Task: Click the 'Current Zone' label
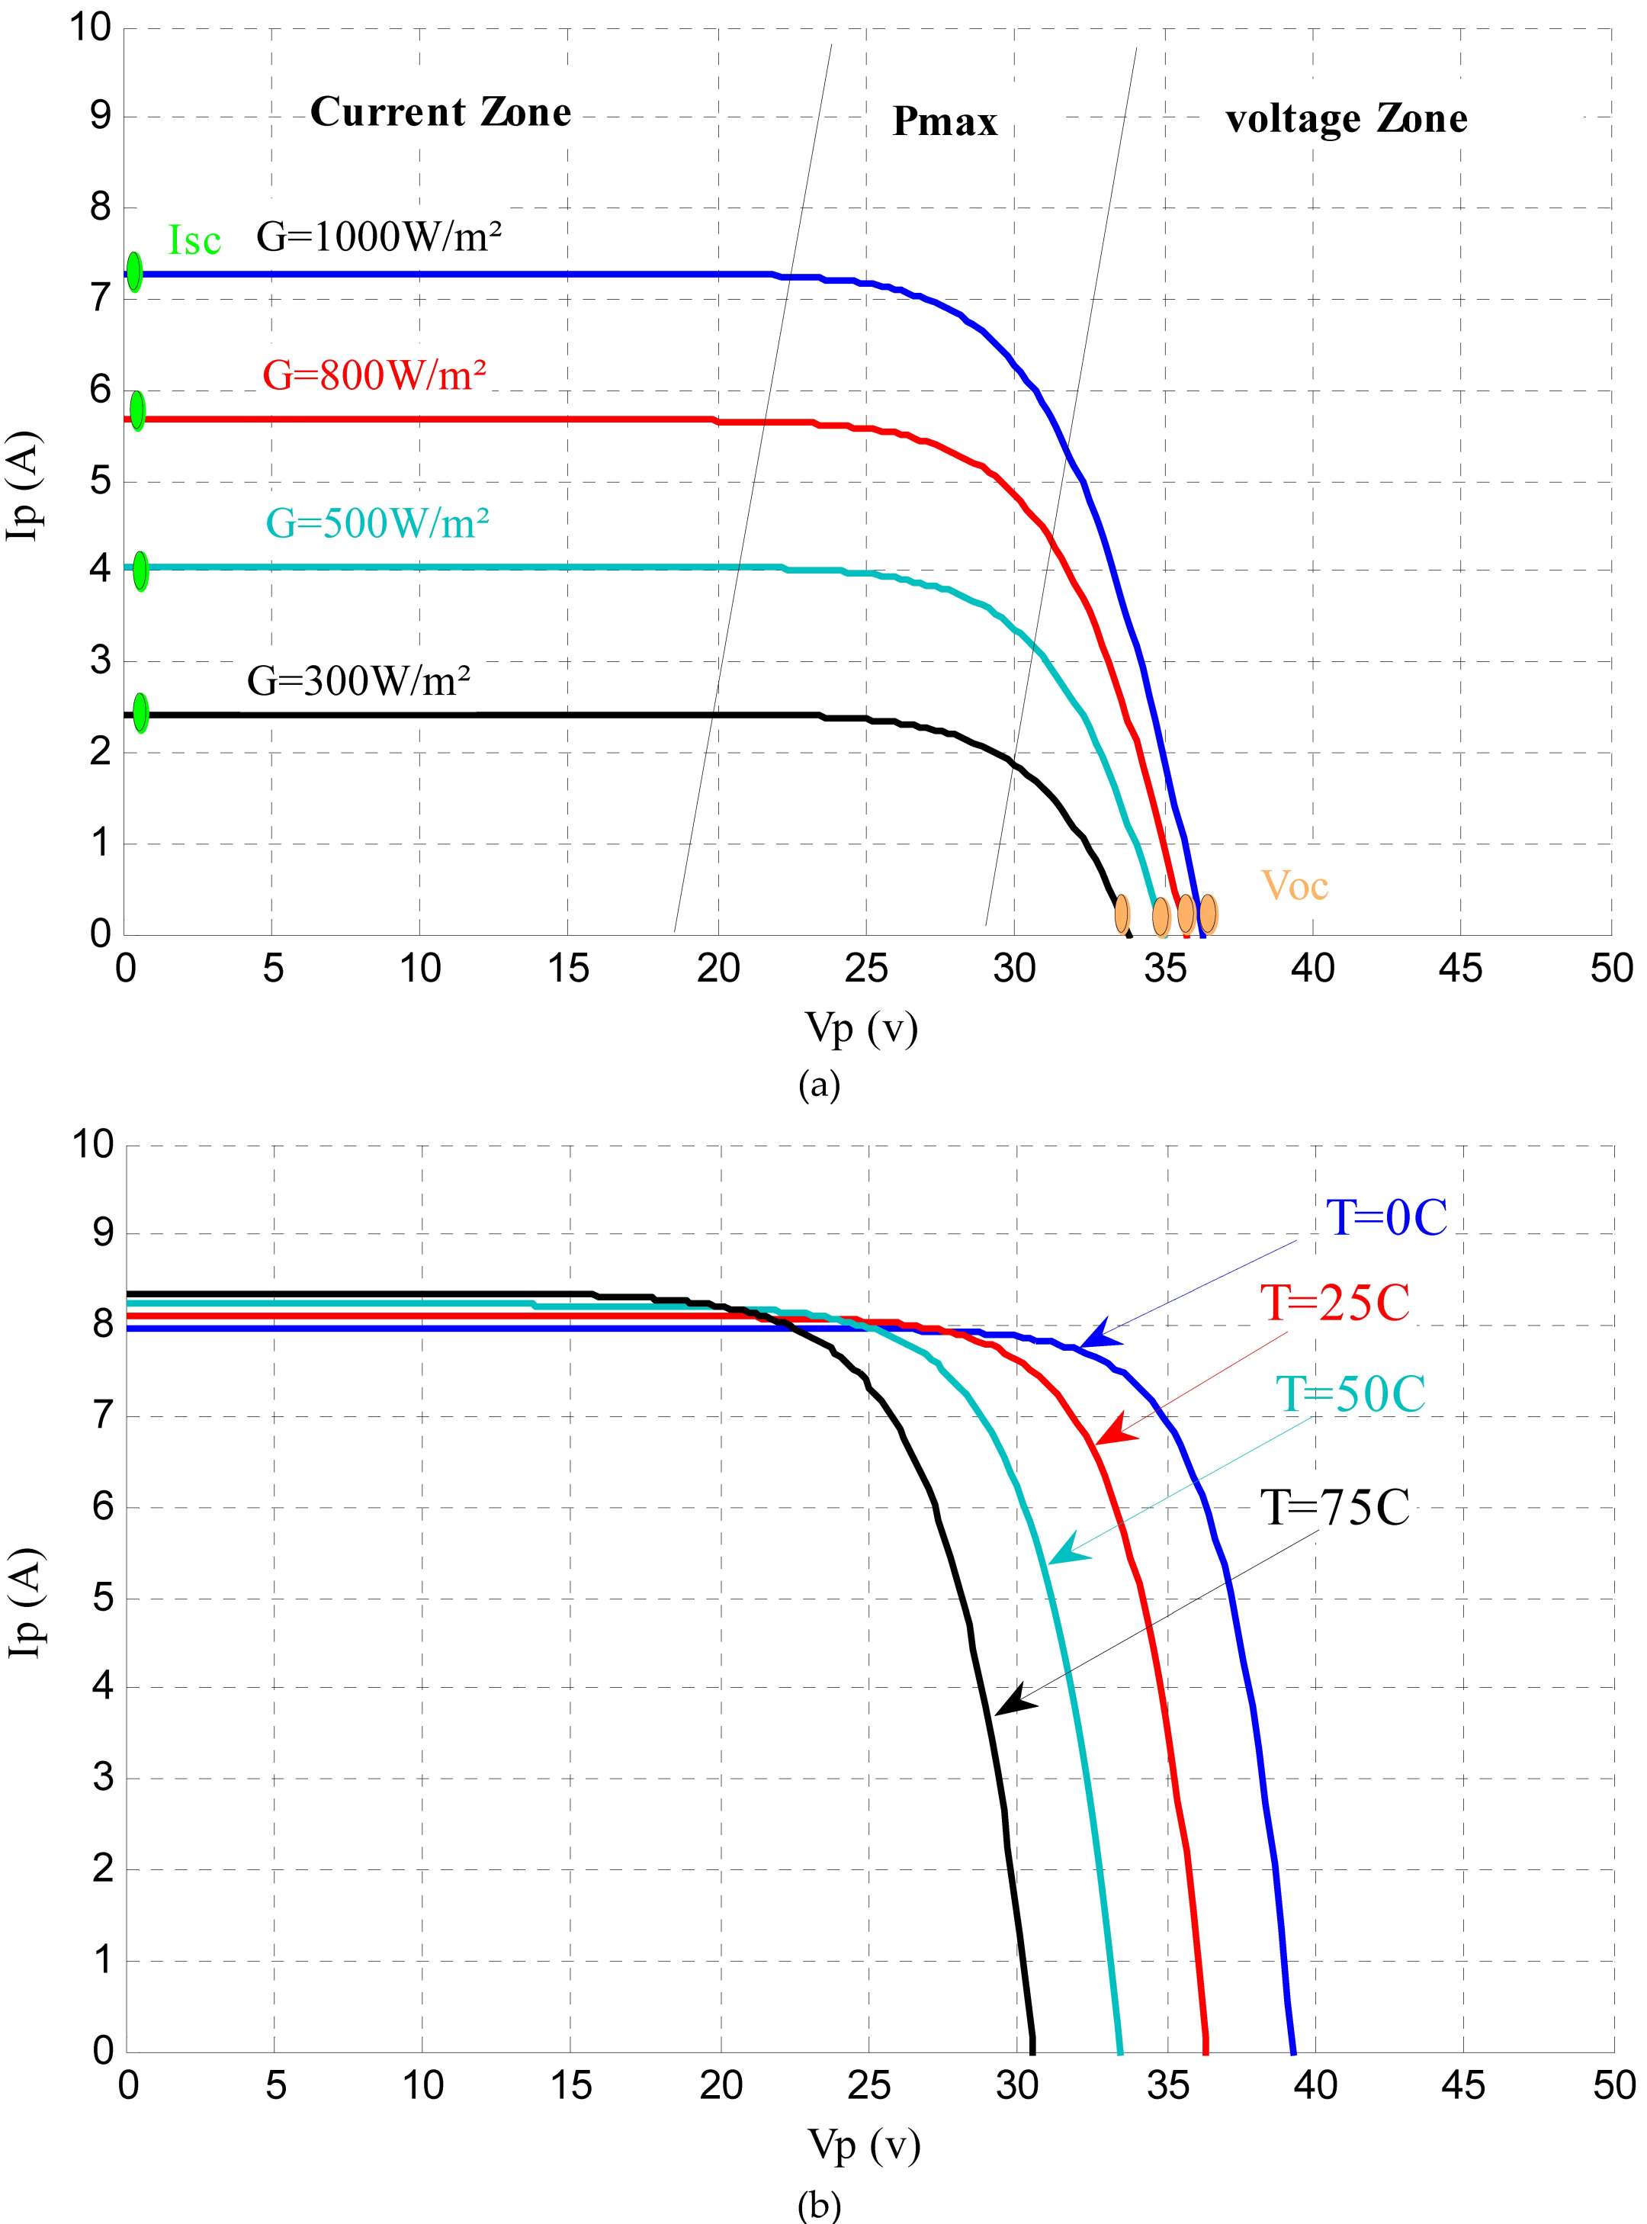[x=441, y=111]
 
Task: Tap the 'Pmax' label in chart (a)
[x=944, y=122]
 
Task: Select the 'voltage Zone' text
[x=1346, y=119]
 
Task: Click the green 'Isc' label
[x=194, y=240]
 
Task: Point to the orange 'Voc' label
[x=1294, y=885]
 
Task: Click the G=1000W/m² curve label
[x=379, y=237]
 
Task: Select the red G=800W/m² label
[x=374, y=375]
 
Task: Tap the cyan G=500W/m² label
[x=377, y=522]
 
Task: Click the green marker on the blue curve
[x=133, y=272]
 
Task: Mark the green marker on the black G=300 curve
[x=140, y=712]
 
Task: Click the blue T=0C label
[x=1385, y=1218]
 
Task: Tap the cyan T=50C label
[x=1351, y=1393]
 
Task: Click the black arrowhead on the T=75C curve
[x=1014, y=1699]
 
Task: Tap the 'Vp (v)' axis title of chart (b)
[x=863, y=2143]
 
